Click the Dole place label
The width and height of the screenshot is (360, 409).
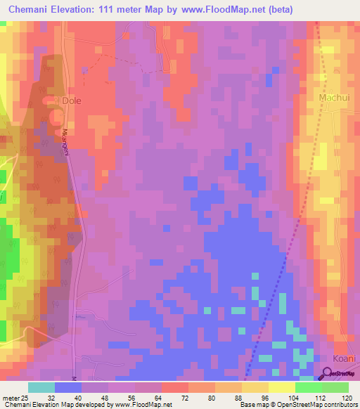pyautogui.click(x=72, y=100)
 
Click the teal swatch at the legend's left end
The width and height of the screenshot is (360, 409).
pyautogui.click(x=41, y=387)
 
